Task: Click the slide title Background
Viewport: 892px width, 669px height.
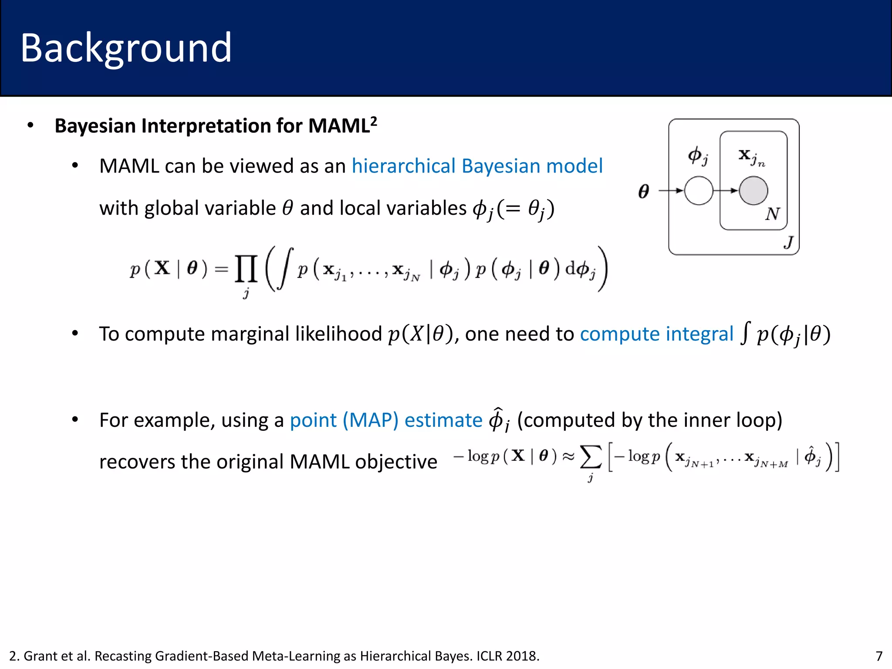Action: coord(126,48)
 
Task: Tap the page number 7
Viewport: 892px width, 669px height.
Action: coord(879,656)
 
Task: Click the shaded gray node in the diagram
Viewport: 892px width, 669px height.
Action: coord(753,191)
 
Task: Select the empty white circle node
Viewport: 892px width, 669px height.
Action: coord(699,191)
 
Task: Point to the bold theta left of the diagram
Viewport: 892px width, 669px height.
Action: coord(644,191)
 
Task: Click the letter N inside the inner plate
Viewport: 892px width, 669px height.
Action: coord(772,214)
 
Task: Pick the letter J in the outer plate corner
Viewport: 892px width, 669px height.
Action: coord(788,242)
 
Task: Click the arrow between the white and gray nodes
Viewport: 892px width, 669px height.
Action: coord(726,191)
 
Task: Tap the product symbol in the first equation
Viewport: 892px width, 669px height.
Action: coord(246,269)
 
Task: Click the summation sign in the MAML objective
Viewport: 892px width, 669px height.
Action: coord(591,457)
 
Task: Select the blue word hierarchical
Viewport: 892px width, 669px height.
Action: coord(403,166)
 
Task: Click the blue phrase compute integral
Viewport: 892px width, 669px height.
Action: coord(656,334)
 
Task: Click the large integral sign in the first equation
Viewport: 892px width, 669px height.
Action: coord(285,269)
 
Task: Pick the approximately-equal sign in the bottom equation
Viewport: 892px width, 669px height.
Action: coord(568,456)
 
